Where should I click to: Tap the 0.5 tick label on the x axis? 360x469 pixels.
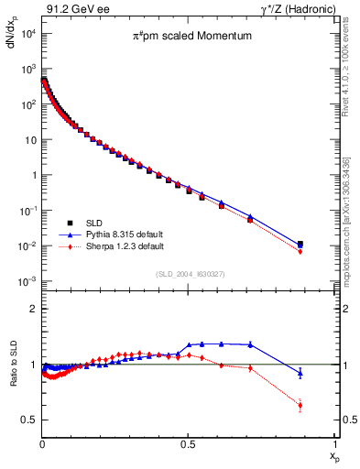pos(188,443)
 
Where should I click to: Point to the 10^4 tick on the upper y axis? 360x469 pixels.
pos(26,33)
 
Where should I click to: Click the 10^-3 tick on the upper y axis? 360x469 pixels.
pos(26,280)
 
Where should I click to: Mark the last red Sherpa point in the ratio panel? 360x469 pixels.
pos(300,405)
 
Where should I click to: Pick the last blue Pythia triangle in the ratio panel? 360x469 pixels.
pos(300,372)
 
